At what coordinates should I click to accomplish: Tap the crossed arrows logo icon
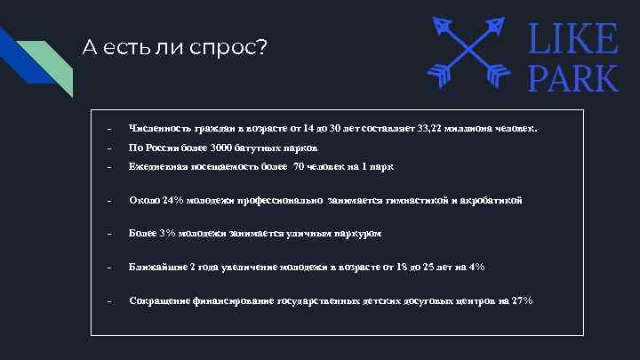[468, 52]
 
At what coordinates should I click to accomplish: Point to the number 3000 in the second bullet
[220, 148]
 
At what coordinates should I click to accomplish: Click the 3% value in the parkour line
[168, 233]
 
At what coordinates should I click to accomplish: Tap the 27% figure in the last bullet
[523, 300]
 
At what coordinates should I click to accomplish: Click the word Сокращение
[159, 300]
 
